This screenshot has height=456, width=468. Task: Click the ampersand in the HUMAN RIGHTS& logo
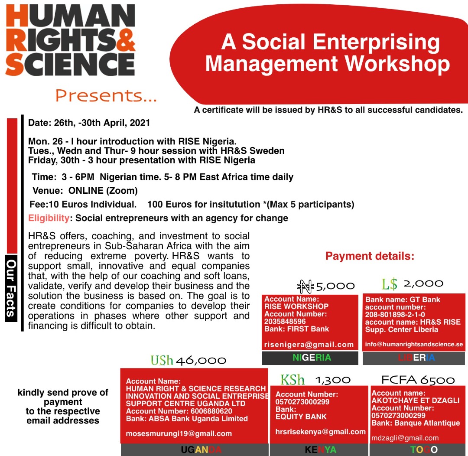125,40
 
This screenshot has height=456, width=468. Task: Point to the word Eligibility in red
49,218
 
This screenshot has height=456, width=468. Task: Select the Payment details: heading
370,256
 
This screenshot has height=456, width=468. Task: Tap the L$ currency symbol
389,284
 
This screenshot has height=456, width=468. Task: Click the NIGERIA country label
312,358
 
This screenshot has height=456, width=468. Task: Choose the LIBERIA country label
416,358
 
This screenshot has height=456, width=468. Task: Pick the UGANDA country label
201,449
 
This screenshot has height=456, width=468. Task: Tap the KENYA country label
321,449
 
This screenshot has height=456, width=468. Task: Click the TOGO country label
424,449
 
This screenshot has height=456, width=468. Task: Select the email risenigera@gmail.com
309,345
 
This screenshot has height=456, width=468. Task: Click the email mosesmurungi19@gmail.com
179,433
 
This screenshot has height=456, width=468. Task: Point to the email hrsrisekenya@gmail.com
320,432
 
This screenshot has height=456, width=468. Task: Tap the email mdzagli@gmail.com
405,438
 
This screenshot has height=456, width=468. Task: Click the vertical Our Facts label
11,288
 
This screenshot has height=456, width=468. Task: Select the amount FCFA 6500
418,380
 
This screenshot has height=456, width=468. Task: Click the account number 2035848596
285,322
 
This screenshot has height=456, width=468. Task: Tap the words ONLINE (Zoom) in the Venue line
103,191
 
